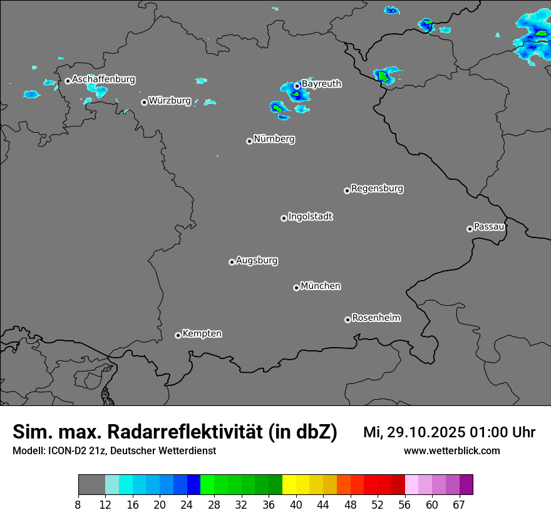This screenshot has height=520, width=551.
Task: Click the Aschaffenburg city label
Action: click(x=103, y=80)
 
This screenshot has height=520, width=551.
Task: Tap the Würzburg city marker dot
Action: click(x=144, y=102)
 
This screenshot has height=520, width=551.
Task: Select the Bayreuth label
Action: click(x=321, y=83)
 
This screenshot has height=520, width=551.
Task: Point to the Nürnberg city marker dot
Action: click(x=249, y=141)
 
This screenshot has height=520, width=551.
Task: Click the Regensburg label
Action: click(x=377, y=188)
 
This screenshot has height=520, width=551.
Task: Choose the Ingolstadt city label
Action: click(x=310, y=217)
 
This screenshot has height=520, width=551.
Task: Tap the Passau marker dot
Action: click(x=470, y=229)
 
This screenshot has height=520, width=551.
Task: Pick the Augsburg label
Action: click(x=257, y=261)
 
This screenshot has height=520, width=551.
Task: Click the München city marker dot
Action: click(x=296, y=288)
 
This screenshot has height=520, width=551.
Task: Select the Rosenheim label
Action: click(x=376, y=318)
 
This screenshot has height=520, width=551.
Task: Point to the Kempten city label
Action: click(x=202, y=333)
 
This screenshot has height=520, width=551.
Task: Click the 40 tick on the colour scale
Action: click(x=296, y=504)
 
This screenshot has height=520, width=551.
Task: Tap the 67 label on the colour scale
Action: click(x=459, y=504)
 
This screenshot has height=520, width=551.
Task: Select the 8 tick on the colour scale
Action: click(x=78, y=504)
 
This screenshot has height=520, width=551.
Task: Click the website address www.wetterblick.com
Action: click(x=452, y=450)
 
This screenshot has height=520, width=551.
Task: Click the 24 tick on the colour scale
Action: click(x=187, y=504)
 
